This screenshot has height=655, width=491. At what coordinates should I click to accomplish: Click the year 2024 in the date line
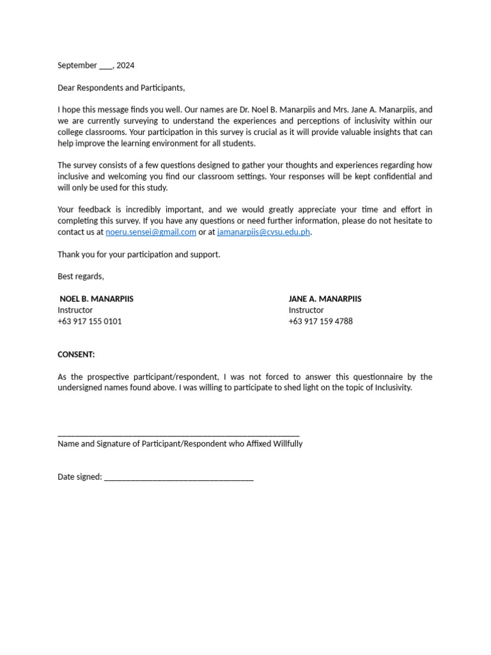pyautogui.click(x=126, y=65)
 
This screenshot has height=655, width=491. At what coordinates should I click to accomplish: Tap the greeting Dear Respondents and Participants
pyautogui.click(x=121, y=88)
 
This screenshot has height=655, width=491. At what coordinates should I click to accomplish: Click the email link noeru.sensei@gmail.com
pyautogui.click(x=151, y=232)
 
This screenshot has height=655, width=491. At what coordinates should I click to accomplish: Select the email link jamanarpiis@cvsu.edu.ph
pyautogui.click(x=263, y=232)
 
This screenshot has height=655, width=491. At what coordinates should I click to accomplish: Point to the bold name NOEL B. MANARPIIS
pyautogui.click(x=97, y=299)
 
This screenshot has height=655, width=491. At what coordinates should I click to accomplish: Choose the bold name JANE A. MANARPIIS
pyautogui.click(x=325, y=299)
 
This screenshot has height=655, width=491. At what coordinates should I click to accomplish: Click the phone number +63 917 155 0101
pyautogui.click(x=90, y=321)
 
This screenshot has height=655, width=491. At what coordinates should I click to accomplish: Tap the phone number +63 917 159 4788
pyautogui.click(x=320, y=321)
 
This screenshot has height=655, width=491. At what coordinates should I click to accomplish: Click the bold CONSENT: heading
pyautogui.click(x=76, y=354)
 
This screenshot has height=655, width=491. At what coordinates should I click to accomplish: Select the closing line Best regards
pyautogui.click(x=81, y=276)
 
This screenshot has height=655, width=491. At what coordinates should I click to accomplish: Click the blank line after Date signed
pyautogui.click(x=178, y=477)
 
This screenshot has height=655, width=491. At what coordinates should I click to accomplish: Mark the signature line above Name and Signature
pyautogui.click(x=178, y=434)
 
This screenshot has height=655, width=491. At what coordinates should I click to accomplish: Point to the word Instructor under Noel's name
pyautogui.click(x=75, y=310)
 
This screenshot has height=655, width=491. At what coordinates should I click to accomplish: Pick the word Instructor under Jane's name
pyautogui.click(x=306, y=310)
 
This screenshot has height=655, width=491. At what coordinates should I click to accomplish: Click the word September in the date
pyautogui.click(x=77, y=65)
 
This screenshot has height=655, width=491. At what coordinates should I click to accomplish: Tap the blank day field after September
pyautogui.click(x=105, y=66)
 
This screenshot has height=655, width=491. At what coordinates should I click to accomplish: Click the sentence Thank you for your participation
pyautogui.click(x=139, y=255)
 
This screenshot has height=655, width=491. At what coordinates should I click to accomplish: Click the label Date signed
pyautogui.click(x=79, y=477)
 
